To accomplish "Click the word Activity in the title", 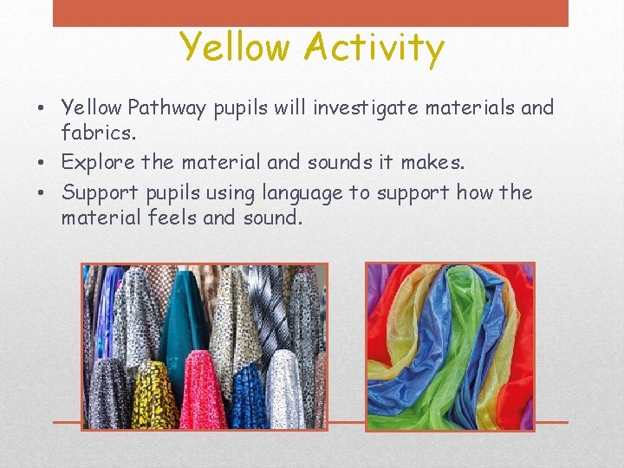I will [374, 48].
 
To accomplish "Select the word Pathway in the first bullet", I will [166, 108].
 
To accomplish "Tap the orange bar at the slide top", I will [310, 12].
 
